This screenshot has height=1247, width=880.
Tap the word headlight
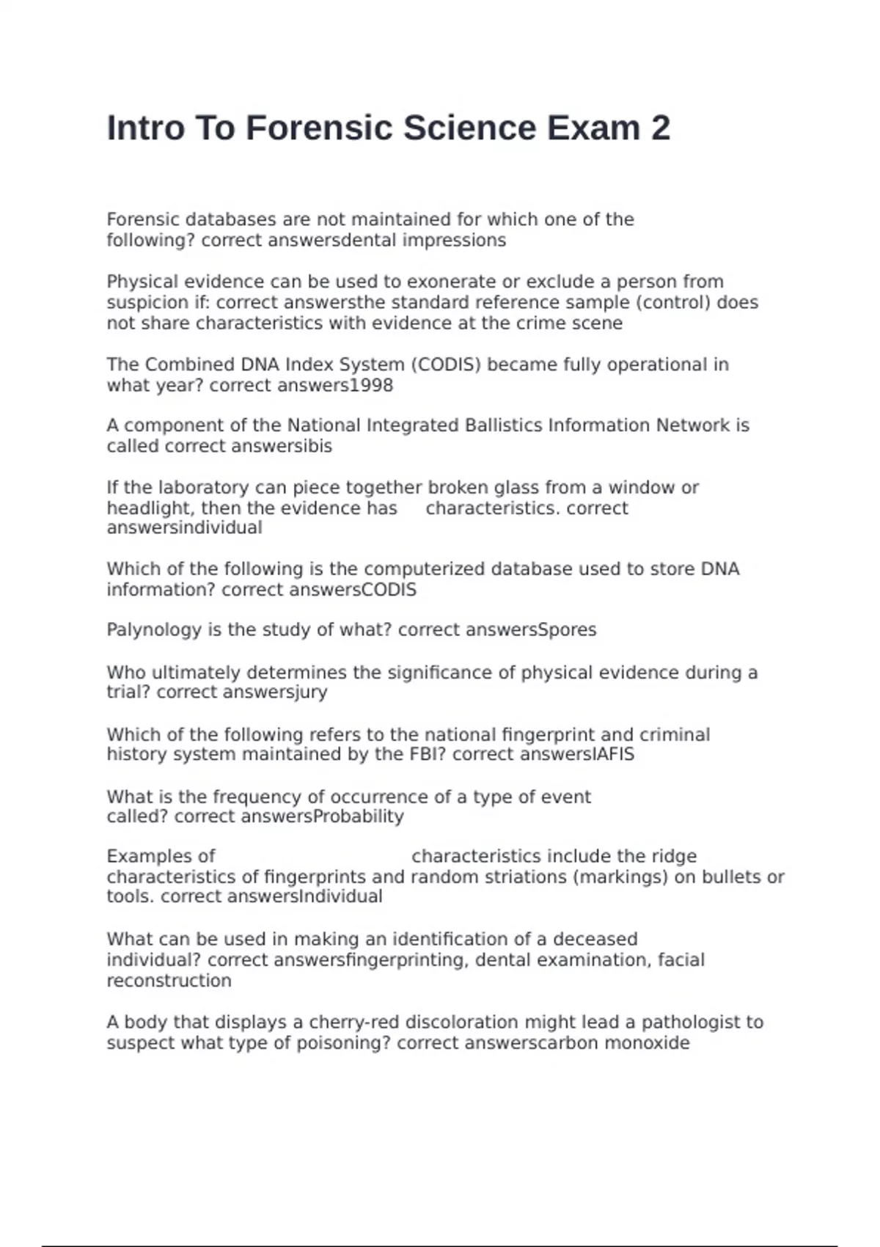pyautogui.click(x=149, y=508)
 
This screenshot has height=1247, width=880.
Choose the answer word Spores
pyautogui.click(x=568, y=630)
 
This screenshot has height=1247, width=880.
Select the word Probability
pyautogui.click(x=359, y=817)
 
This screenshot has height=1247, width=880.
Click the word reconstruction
pyautogui.click(x=169, y=981)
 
